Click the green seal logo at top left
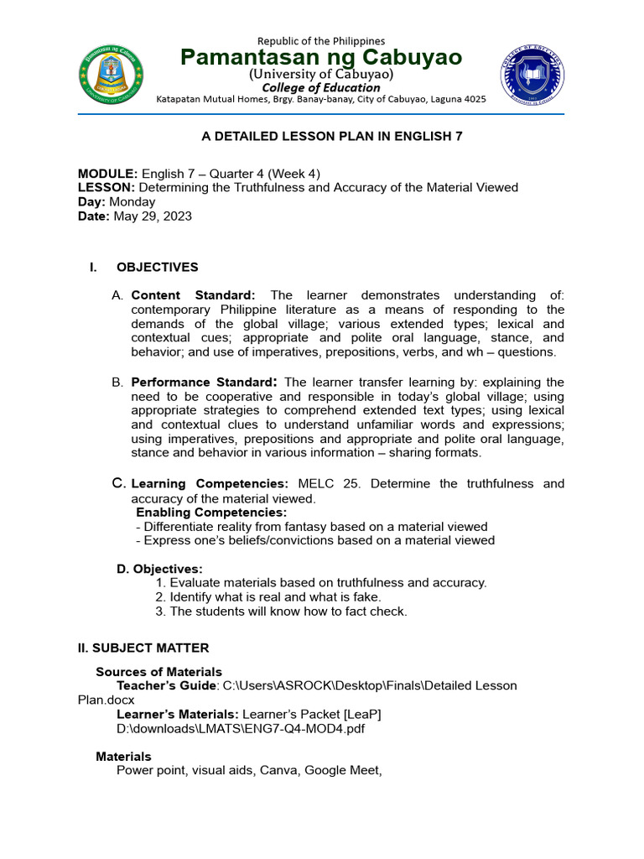pos(111,70)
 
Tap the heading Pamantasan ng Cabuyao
pos(321,57)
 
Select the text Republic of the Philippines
pos(321,40)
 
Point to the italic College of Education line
pos(321,87)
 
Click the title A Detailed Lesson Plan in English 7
pos(321,136)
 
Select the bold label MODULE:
pos(107,174)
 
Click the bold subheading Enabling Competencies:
pos(211,513)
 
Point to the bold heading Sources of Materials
pos(159,671)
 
